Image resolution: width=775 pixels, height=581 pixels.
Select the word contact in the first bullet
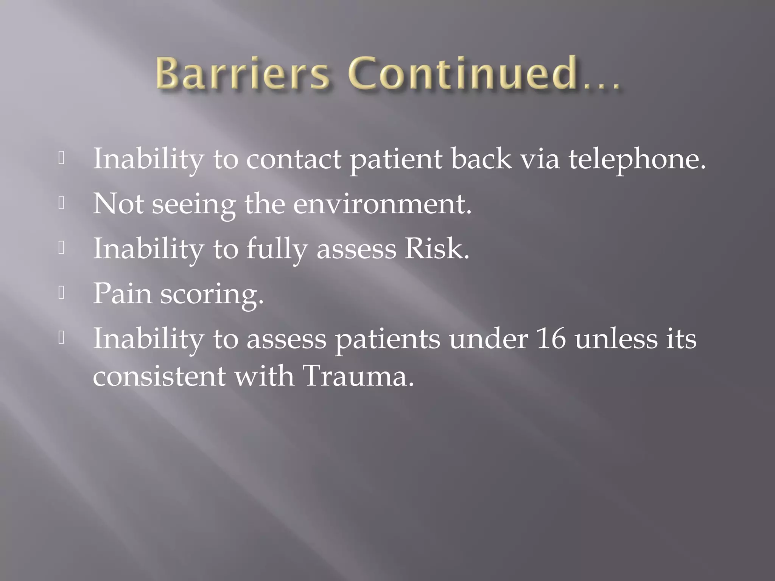[294, 159]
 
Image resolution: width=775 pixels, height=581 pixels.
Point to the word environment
[382, 204]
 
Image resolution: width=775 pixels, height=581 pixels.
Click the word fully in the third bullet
[277, 250]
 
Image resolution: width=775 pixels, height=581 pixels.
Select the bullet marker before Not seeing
[62, 204]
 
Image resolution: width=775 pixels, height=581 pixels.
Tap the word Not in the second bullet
[118, 204]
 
